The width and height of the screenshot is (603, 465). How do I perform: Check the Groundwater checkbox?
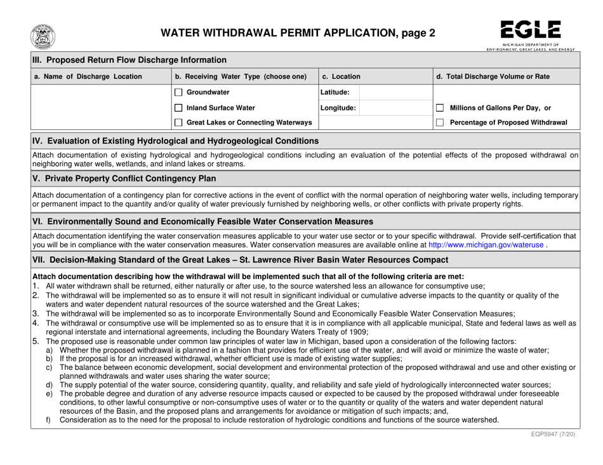point(179,93)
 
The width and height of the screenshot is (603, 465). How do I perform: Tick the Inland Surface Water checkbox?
point(179,107)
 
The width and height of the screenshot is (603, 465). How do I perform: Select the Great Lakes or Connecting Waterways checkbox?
point(179,122)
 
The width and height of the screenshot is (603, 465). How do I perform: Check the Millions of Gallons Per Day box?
point(440,107)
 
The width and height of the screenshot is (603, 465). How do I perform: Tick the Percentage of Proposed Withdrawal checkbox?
point(440,122)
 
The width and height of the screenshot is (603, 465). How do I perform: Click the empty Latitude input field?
point(395,93)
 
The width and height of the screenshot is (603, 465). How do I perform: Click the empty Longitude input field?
point(395,107)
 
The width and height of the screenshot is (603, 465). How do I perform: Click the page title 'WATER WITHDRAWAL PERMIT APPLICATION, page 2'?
point(298,34)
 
